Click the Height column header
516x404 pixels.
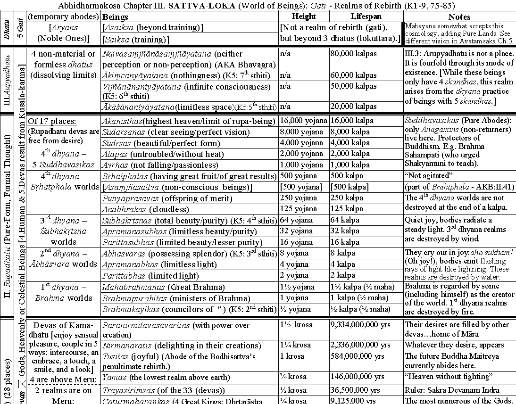coord(304,16)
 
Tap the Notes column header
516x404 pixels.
coord(459,16)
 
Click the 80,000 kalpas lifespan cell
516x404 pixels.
coord(354,54)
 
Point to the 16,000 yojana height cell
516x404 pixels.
coord(302,121)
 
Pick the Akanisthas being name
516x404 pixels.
coord(124,121)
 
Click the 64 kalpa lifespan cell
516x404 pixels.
coord(345,220)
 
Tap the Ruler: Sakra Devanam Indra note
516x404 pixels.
coord(452,390)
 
